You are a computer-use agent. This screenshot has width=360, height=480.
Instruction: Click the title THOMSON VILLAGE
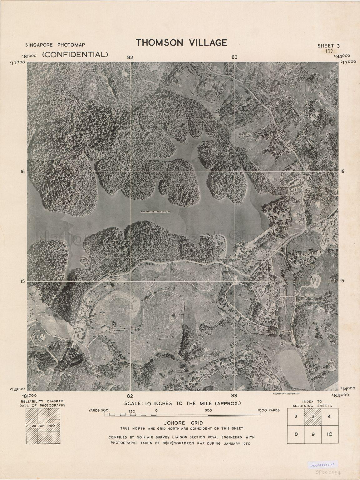(x=181, y=42)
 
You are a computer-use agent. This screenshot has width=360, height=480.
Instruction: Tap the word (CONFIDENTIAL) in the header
(x=75, y=54)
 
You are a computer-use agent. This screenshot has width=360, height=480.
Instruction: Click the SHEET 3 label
(x=328, y=46)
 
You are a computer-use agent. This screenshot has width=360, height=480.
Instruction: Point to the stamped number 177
(x=328, y=52)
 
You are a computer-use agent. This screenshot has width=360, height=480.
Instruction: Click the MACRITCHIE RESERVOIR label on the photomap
(x=155, y=212)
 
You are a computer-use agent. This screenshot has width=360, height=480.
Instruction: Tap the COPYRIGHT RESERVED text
(x=286, y=394)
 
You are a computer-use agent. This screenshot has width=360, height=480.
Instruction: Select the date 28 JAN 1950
(x=43, y=426)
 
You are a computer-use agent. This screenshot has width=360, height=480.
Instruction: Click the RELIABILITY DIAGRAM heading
(x=42, y=401)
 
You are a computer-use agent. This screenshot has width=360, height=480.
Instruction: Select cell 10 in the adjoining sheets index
(x=329, y=434)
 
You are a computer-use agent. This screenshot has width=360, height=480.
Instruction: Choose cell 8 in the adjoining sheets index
(x=296, y=434)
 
